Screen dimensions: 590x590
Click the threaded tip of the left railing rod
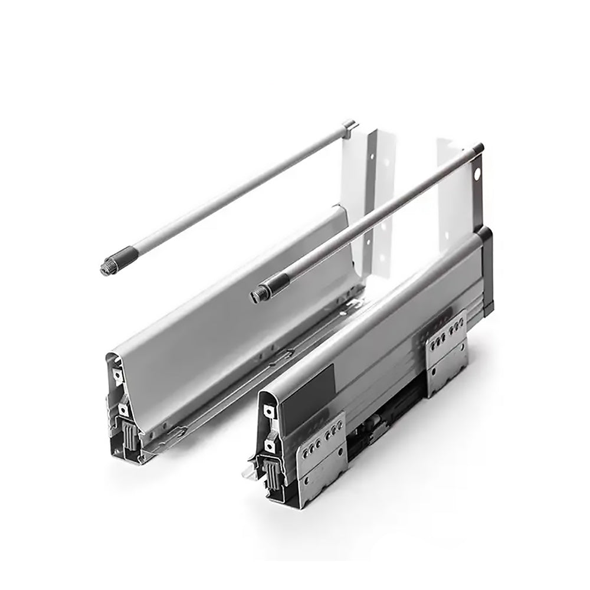[107, 268]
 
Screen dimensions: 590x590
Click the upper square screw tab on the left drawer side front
[119, 375]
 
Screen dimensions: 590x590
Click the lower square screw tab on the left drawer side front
[123, 408]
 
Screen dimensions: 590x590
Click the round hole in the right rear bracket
[477, 174]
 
